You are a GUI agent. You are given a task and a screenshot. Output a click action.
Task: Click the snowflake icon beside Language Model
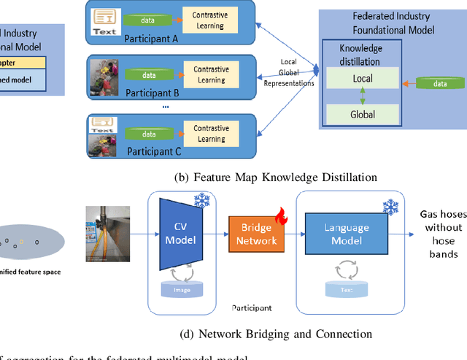pos(391,208)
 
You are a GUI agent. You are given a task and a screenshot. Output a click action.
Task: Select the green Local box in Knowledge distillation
pos(363,78)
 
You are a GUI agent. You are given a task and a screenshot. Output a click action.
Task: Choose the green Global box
pos(363,114)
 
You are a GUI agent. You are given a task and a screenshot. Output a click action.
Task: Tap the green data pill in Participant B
pos(149,74)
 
